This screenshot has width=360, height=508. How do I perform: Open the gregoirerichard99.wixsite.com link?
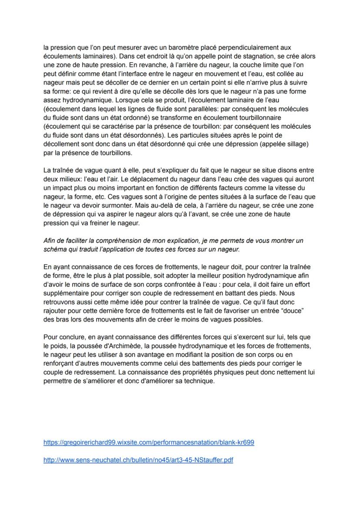pyautogui.click(x=149, y=442)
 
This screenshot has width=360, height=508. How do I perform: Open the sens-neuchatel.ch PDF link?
pyautogui.click(x=138, y=460)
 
